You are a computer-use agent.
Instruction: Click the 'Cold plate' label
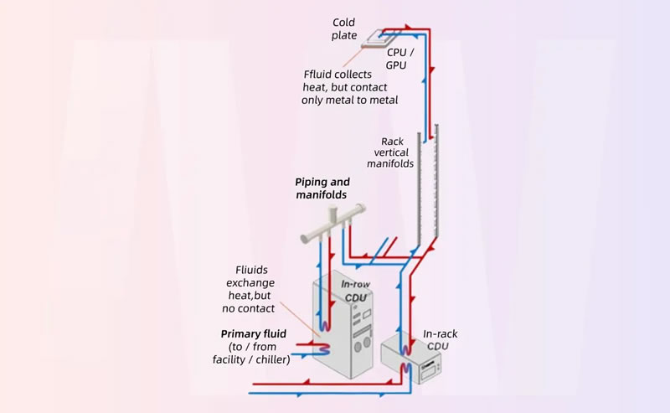pyautogui.click(x=344, y=28)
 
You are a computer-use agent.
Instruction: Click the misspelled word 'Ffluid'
pyautogui.click(x=317, y=73)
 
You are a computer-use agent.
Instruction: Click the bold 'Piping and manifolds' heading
pyautogui.click(x=322, y=188)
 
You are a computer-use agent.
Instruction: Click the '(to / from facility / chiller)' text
pyautogui.click(x=248, y=353)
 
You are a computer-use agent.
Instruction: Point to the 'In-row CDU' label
pyautogui.click(x=356, y=290)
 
